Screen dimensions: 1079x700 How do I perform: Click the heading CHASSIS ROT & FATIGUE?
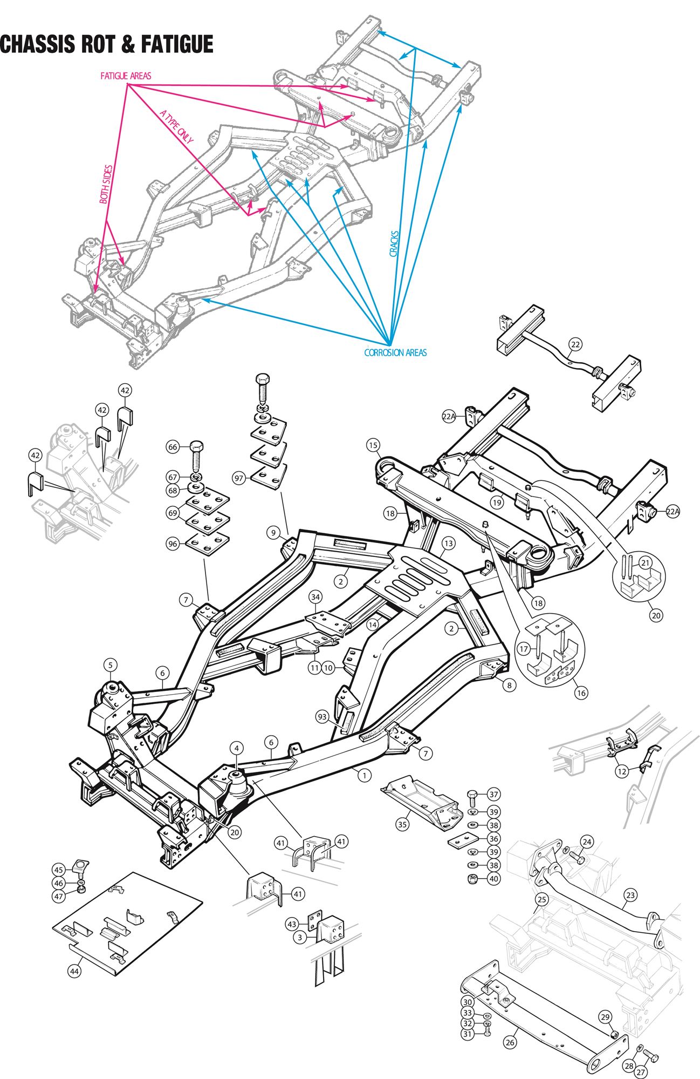click(106, 45)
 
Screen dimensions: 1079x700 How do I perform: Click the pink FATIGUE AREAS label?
click(126, 76)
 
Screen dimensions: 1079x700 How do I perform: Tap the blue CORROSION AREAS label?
click(395, 352)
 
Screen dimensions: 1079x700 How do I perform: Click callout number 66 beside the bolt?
click(173, 447)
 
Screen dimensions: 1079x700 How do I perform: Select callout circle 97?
click(239, 478)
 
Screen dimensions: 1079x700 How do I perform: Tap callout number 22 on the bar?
click(575, 343)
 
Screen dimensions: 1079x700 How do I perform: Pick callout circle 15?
click(373, 445)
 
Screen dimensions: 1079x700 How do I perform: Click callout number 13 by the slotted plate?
click(448, 542)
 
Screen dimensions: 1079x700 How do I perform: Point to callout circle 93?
click(322, 717)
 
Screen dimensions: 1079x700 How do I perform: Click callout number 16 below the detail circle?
click(581, 693)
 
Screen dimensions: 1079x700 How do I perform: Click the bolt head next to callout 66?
click(196, 447)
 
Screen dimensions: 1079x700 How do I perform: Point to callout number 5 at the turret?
click(110, 664)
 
